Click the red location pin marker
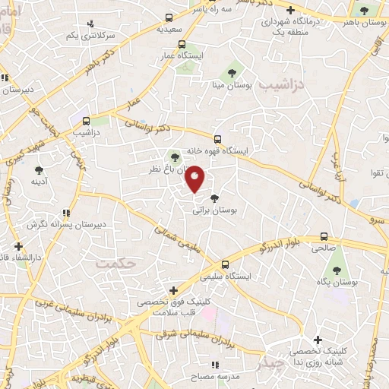194,178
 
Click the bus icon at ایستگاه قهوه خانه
217,139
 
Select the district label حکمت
115,262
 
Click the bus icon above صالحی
324,236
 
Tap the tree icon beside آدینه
39,171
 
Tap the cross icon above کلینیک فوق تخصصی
174,290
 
